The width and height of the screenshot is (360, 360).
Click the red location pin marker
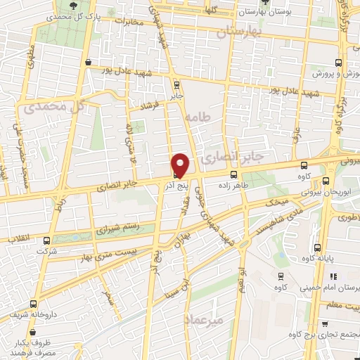pos(181,165)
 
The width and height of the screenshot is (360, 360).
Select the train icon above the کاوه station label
pos(281,276)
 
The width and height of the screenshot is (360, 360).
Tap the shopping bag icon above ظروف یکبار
pos(15,334)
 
